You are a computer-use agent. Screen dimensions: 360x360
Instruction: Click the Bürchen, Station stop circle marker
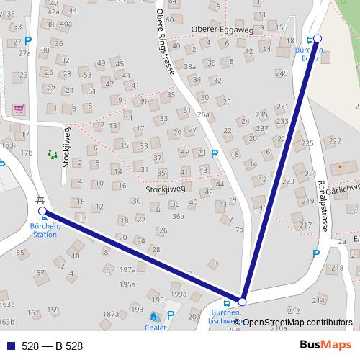(42, 211)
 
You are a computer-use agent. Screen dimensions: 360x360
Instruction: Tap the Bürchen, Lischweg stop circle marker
(243, 302)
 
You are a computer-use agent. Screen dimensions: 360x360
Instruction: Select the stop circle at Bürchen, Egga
(318, 38)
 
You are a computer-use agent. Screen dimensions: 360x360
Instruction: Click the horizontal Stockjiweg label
(165, 189)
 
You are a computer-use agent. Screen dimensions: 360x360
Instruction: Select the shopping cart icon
(19, 109)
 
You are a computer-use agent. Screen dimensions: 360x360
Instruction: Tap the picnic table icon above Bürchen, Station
(40, 200)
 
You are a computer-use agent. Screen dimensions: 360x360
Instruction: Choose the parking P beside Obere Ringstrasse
(215, 153)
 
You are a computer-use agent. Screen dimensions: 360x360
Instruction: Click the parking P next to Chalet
(171, 315)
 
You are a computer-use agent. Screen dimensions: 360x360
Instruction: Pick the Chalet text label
(155, 328)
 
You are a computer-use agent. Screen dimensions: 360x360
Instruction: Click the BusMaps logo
(325, 346)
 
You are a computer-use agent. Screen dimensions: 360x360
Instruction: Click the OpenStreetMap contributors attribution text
(293, 322)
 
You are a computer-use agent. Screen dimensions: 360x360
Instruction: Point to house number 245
(282, 73)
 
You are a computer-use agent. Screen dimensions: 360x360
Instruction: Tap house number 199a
(179, 294)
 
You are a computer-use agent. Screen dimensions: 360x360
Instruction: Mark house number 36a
(178, 216)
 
